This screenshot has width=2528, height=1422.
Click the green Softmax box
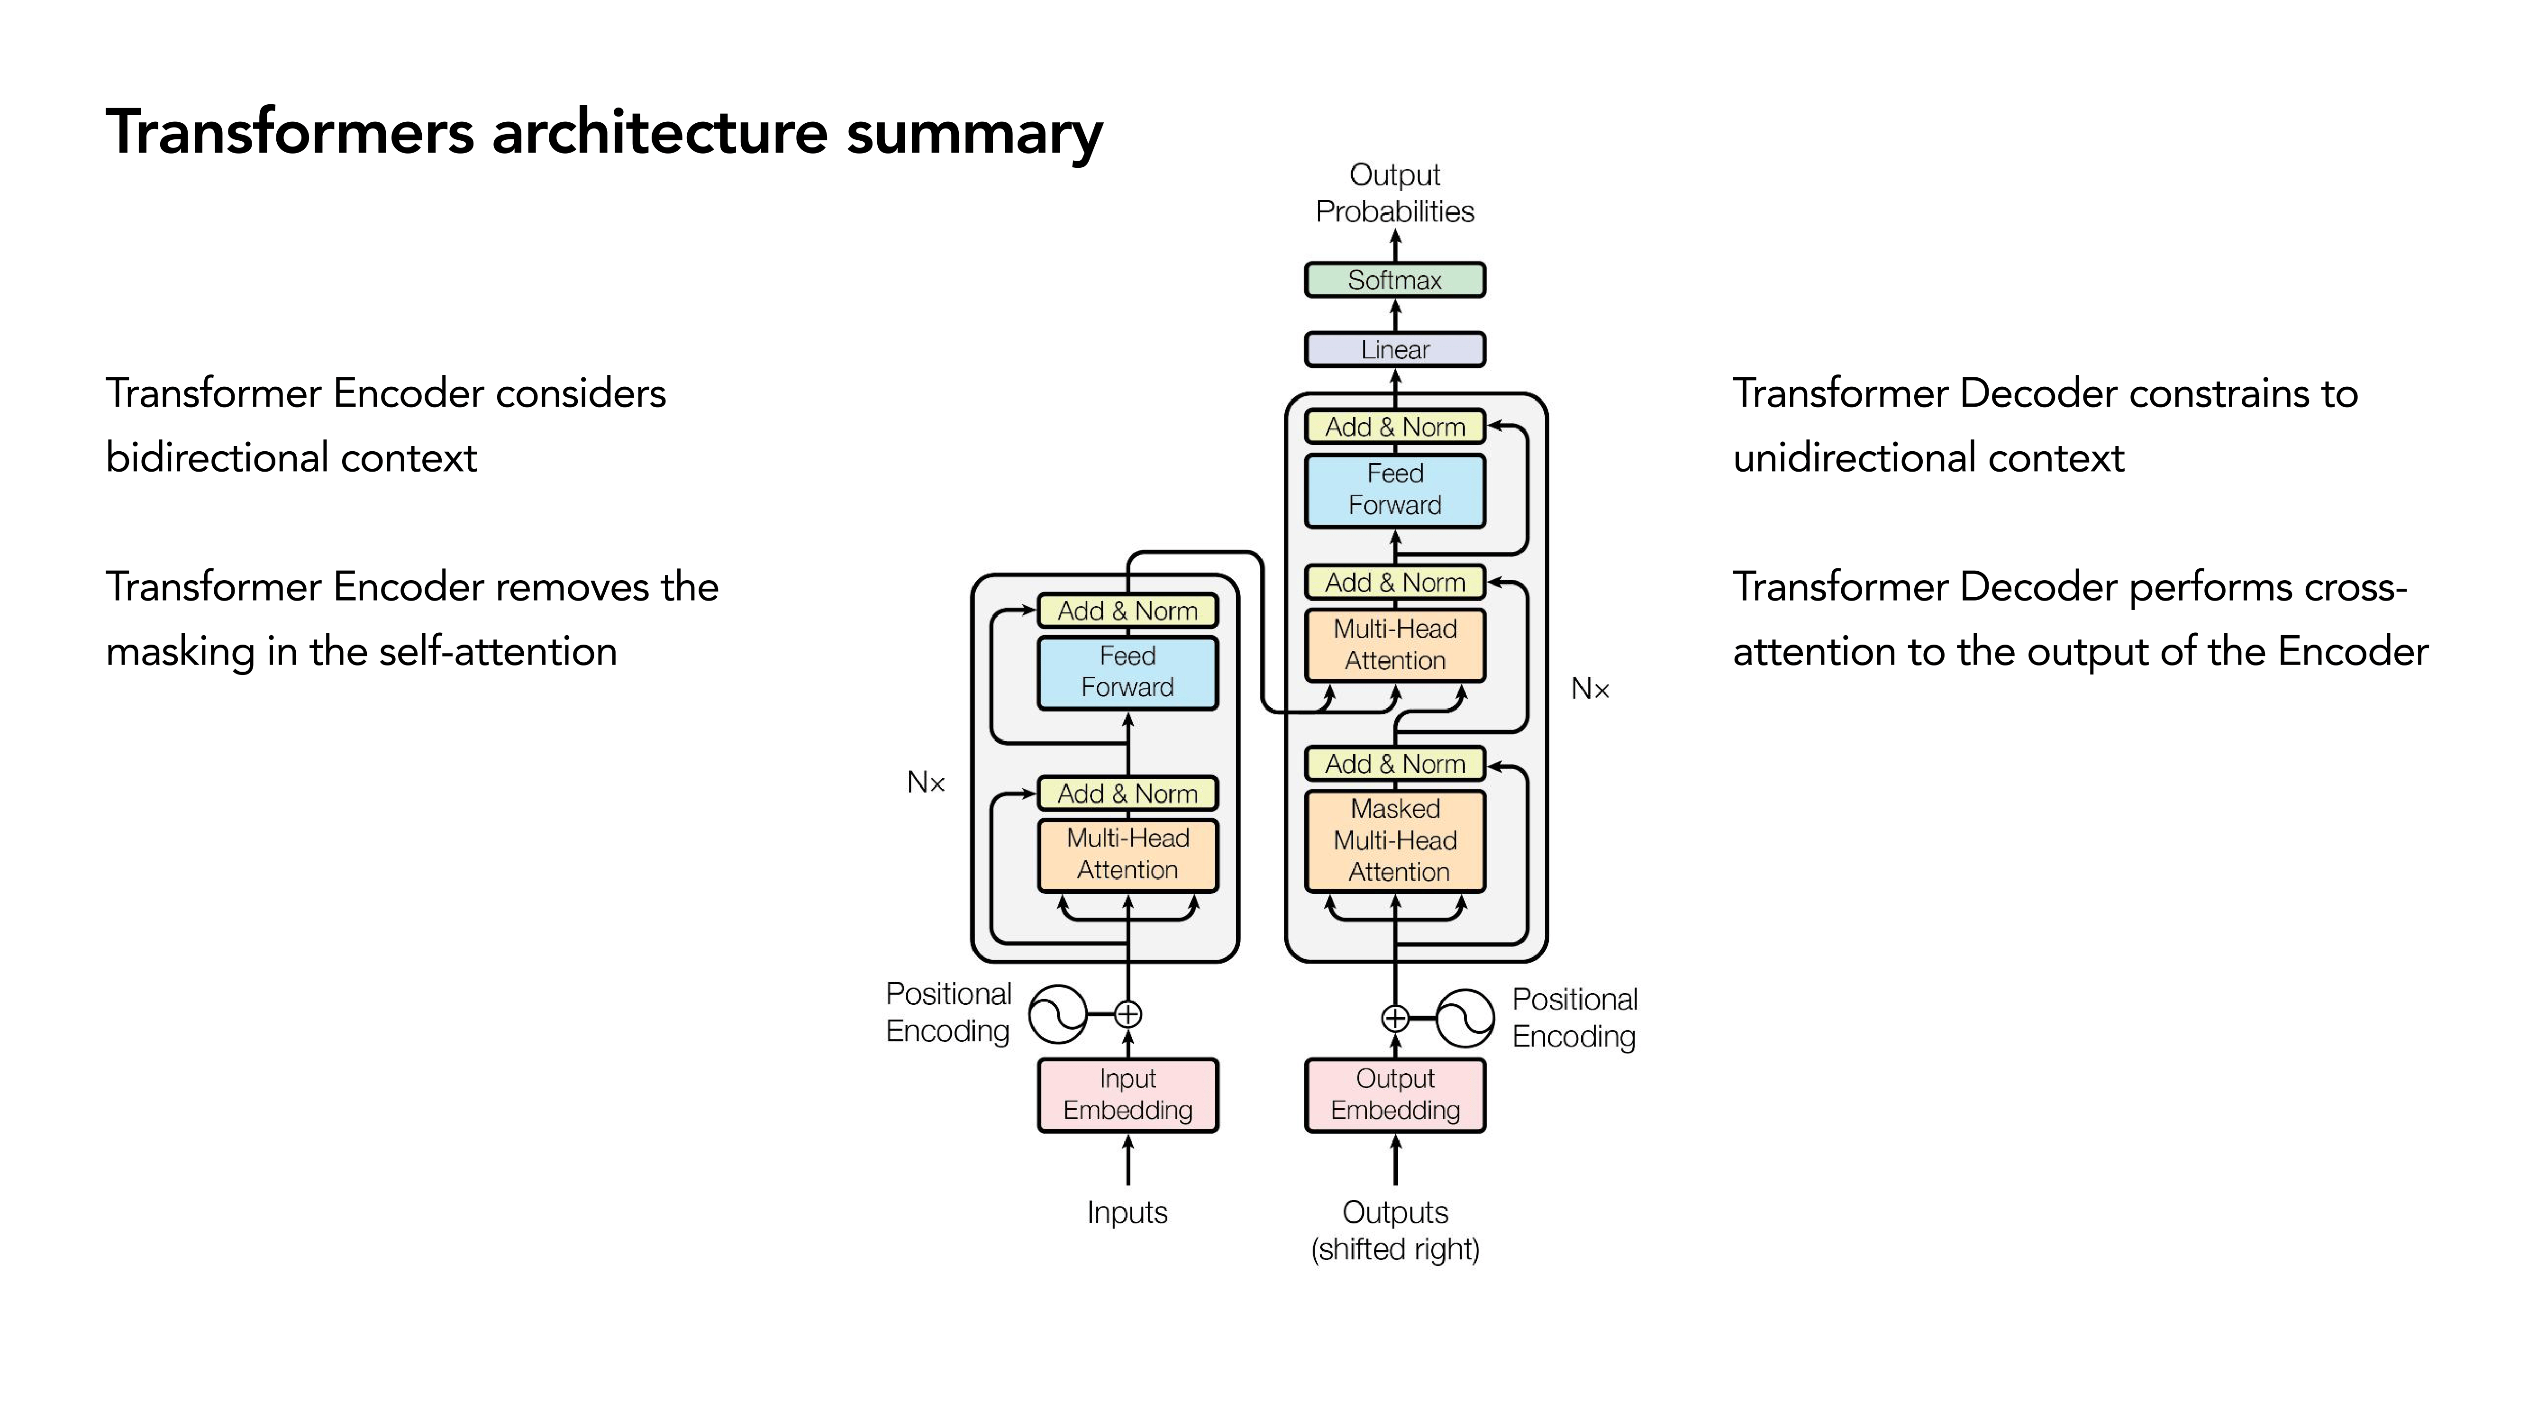tap(1394, 280)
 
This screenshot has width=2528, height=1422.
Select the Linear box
tap(1394, 349)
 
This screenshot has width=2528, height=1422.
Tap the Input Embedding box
tap(1128, 1094)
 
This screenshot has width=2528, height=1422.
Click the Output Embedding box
tap(1394, 1094)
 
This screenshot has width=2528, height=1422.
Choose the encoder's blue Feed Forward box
tap(1128, 672)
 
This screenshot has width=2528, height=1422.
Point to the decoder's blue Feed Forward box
tap(1394, 490)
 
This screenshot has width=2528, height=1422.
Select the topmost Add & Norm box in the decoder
tap(1394, 427)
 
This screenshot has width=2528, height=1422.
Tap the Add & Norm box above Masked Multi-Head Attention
tap(1394, 764)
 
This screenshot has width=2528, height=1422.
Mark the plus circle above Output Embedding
tap(1394, 1019)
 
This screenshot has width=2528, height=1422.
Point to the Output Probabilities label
tap(1394, 193)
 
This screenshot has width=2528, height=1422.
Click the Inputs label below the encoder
tap(1128, 1213)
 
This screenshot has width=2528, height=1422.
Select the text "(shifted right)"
tap(1394, 1249)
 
